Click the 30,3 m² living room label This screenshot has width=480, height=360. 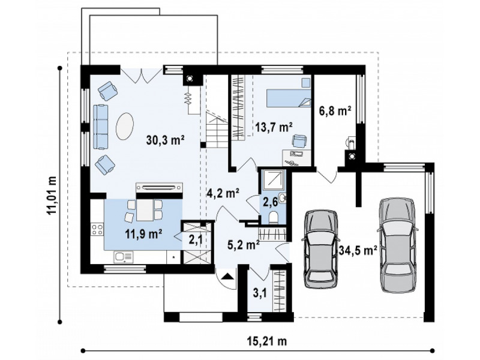tap(165, 140)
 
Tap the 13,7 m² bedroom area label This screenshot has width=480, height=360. tap(274, 127)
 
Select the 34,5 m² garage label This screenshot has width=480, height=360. tap(358, 250)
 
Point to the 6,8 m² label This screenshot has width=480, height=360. tap(335, 111)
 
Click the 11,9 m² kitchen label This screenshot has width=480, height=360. tap(143, 234)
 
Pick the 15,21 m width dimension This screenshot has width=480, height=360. tap(266, 340)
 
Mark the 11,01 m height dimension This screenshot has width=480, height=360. tap(52, 196)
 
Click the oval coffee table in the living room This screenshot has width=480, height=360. tap(125, 127)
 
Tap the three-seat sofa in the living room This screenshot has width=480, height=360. tap(101, 127)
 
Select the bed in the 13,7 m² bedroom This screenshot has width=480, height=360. tap(289, 98)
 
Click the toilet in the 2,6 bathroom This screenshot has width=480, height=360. tap(273, 218)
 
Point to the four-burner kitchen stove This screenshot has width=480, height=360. tap(97, 230)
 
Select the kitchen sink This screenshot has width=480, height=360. tap(124, 257)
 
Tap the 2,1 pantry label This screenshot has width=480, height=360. tap(196, 239)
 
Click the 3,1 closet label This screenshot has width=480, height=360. tap(259, 295)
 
